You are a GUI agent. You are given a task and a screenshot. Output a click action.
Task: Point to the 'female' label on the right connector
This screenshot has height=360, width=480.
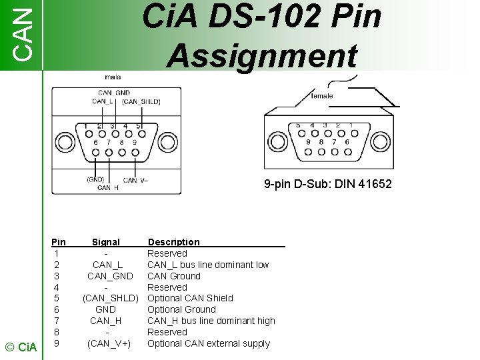(x=323, y=96)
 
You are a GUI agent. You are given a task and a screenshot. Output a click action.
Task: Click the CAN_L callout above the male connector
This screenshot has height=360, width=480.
(x=103, y=101)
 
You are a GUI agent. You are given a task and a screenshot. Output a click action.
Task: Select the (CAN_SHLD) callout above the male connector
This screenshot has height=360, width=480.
(x=141, y=101)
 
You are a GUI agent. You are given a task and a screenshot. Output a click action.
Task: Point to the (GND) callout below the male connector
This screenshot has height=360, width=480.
(x=95, y=179)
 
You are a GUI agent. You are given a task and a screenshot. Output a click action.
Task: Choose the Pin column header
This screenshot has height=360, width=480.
(x=59, y=242)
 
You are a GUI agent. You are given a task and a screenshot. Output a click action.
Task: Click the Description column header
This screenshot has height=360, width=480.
(x=173, y=242)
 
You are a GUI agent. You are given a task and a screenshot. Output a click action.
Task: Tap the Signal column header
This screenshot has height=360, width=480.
(x=106, y=242)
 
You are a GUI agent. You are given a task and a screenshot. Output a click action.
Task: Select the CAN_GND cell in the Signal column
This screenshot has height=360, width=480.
(x=111, y=276)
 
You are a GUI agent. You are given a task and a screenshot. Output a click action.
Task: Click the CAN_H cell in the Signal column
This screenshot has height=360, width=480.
(x=106, y=321)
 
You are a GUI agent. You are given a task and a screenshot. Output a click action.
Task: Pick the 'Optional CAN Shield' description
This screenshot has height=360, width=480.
(x=190, y=298)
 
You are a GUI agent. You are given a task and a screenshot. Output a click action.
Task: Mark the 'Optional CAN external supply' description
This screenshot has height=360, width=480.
(x=209, y=343)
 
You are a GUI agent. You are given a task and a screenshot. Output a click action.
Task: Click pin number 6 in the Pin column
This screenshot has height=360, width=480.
(x=58, y=309)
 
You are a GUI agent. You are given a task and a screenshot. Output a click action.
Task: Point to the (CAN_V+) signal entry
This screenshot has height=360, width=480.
(x=109, y=343)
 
